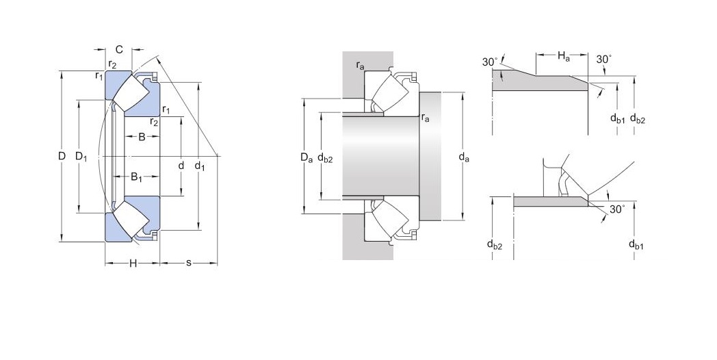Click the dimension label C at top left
pos(118,49)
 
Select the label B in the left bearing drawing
pos(142,136)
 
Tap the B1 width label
pos(137,177)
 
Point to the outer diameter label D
pos(62,157)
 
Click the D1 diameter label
pos(81,157)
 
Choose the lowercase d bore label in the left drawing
pos(181,165)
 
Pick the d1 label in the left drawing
pos(199,165)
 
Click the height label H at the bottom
pos(133,263)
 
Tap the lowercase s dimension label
pos(188,263)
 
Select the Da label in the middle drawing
pos(306,158)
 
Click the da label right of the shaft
pos(464,158)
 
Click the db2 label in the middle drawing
pos(325,158)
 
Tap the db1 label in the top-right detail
pos(617,119)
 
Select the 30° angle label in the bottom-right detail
pos(616,209)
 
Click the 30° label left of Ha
pos(489,62)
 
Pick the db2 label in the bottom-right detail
pos(494,245)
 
